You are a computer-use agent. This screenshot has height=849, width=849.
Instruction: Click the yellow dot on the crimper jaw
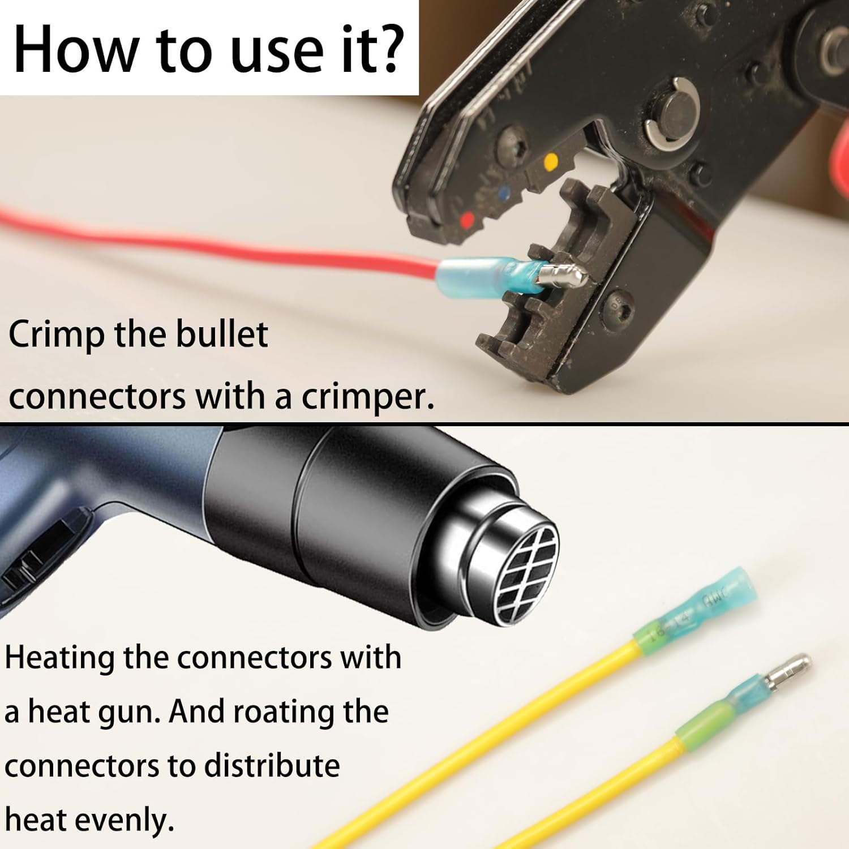pyautogui.click(x=550, y=163)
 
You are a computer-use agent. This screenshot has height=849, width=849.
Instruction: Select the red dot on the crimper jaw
pyautogui.click(x=468, y=220)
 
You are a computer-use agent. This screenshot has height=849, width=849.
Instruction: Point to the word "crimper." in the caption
pyautogui.click(x=368, y=397)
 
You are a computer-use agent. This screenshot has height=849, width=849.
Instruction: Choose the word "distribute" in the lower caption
pyautogui.click(x=272, y=766)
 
